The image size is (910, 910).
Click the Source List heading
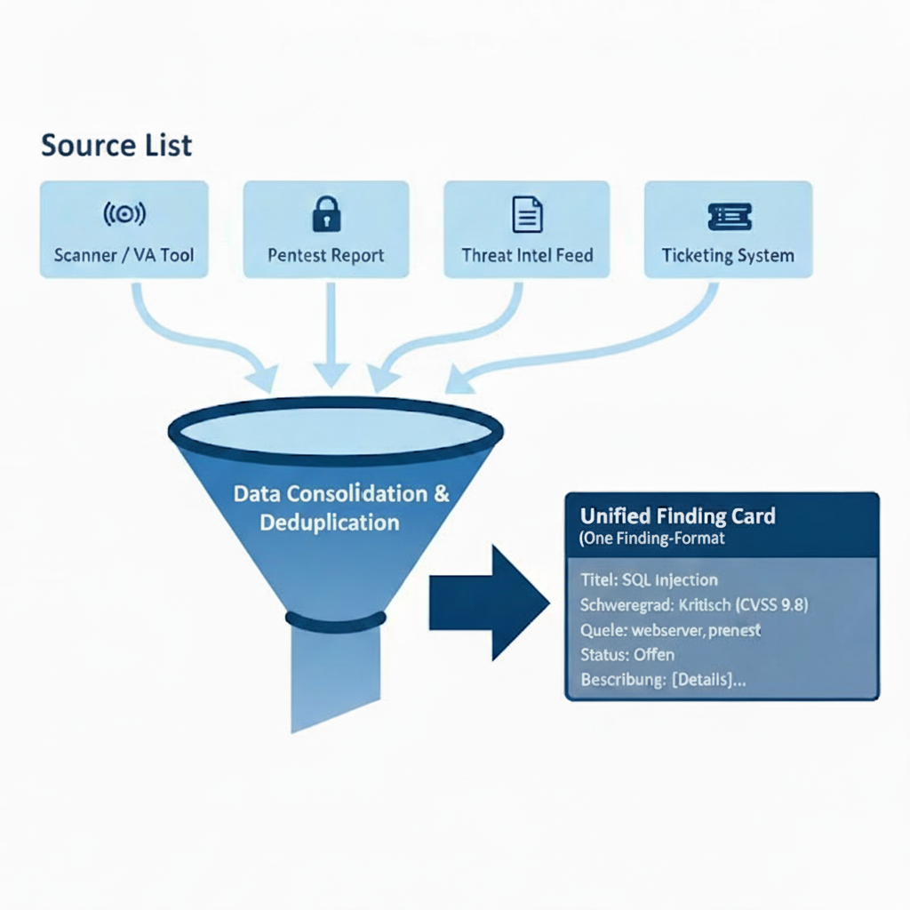(x=116, y=144)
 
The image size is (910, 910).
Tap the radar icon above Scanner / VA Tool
(x=124, y=214)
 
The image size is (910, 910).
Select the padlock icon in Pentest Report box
(x=326, y=214)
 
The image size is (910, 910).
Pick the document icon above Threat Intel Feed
(x=527, y=214)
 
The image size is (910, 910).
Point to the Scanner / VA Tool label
(x=124, y=256)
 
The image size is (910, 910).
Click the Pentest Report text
(x=326, y=256)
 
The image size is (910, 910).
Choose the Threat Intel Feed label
(x=527, y=256)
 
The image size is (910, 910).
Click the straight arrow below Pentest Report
(x=330, y=338)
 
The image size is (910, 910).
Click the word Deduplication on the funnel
(x=330, y=522)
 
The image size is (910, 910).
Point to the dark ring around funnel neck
(x=336, y=620)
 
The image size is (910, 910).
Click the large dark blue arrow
(x=489, y=603)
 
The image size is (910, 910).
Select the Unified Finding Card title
(x=677, y=515)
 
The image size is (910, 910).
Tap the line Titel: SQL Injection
(x=649, y=580)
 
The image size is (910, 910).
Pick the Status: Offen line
(x=627, y=655)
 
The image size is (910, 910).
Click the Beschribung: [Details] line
(x=663, y=680)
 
